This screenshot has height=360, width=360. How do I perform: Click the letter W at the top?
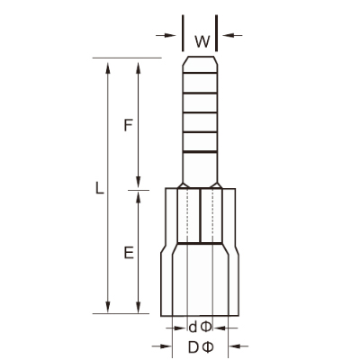pos(202,41)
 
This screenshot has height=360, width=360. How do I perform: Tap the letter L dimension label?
pos(99,187)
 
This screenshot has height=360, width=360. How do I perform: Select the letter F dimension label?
pos(128,125)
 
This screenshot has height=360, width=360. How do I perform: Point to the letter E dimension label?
pos(129,253)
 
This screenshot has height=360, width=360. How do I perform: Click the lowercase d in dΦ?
pos(193,327)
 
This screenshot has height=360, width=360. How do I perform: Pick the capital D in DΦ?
pos(193,347)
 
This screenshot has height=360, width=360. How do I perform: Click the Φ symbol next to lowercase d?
pos(206,327)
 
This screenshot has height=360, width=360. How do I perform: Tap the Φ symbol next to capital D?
pos(208,347)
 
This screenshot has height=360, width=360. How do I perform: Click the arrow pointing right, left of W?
pos(166,35)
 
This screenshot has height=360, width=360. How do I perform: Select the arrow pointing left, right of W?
pos(232,35)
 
